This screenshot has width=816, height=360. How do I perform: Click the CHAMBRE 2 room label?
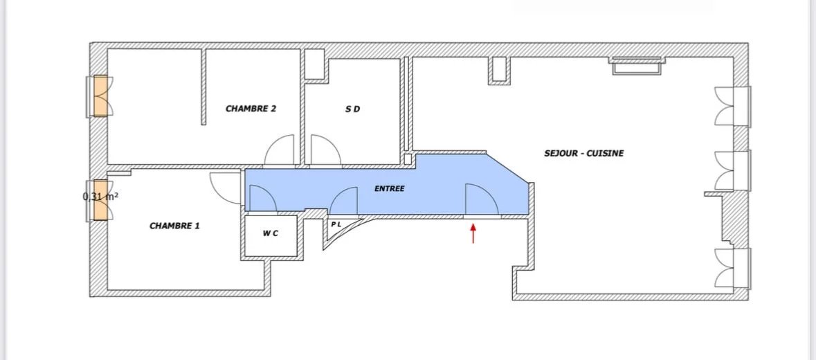pos(251,109)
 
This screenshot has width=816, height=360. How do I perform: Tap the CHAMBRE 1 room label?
pos(174,226)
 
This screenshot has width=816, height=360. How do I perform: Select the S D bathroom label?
pos(353,109)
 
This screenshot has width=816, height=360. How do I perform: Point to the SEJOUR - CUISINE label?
pos(584,154)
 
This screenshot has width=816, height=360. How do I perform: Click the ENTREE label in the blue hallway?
pos(389,188)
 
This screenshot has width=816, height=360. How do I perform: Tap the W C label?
pos(270,233)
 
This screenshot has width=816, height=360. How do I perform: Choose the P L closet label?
pos(336,224)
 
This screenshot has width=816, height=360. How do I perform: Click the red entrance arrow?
pos(473,233)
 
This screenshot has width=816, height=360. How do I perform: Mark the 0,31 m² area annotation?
pos(101,197)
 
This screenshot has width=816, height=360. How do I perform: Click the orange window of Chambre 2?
pos(101,96)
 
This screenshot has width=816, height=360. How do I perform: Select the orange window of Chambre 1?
pos(101,200)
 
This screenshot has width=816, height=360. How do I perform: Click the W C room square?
pos(271,235)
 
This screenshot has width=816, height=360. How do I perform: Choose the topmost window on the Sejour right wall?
pos(732,106)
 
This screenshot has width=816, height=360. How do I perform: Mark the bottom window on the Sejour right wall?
pos(732,269)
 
